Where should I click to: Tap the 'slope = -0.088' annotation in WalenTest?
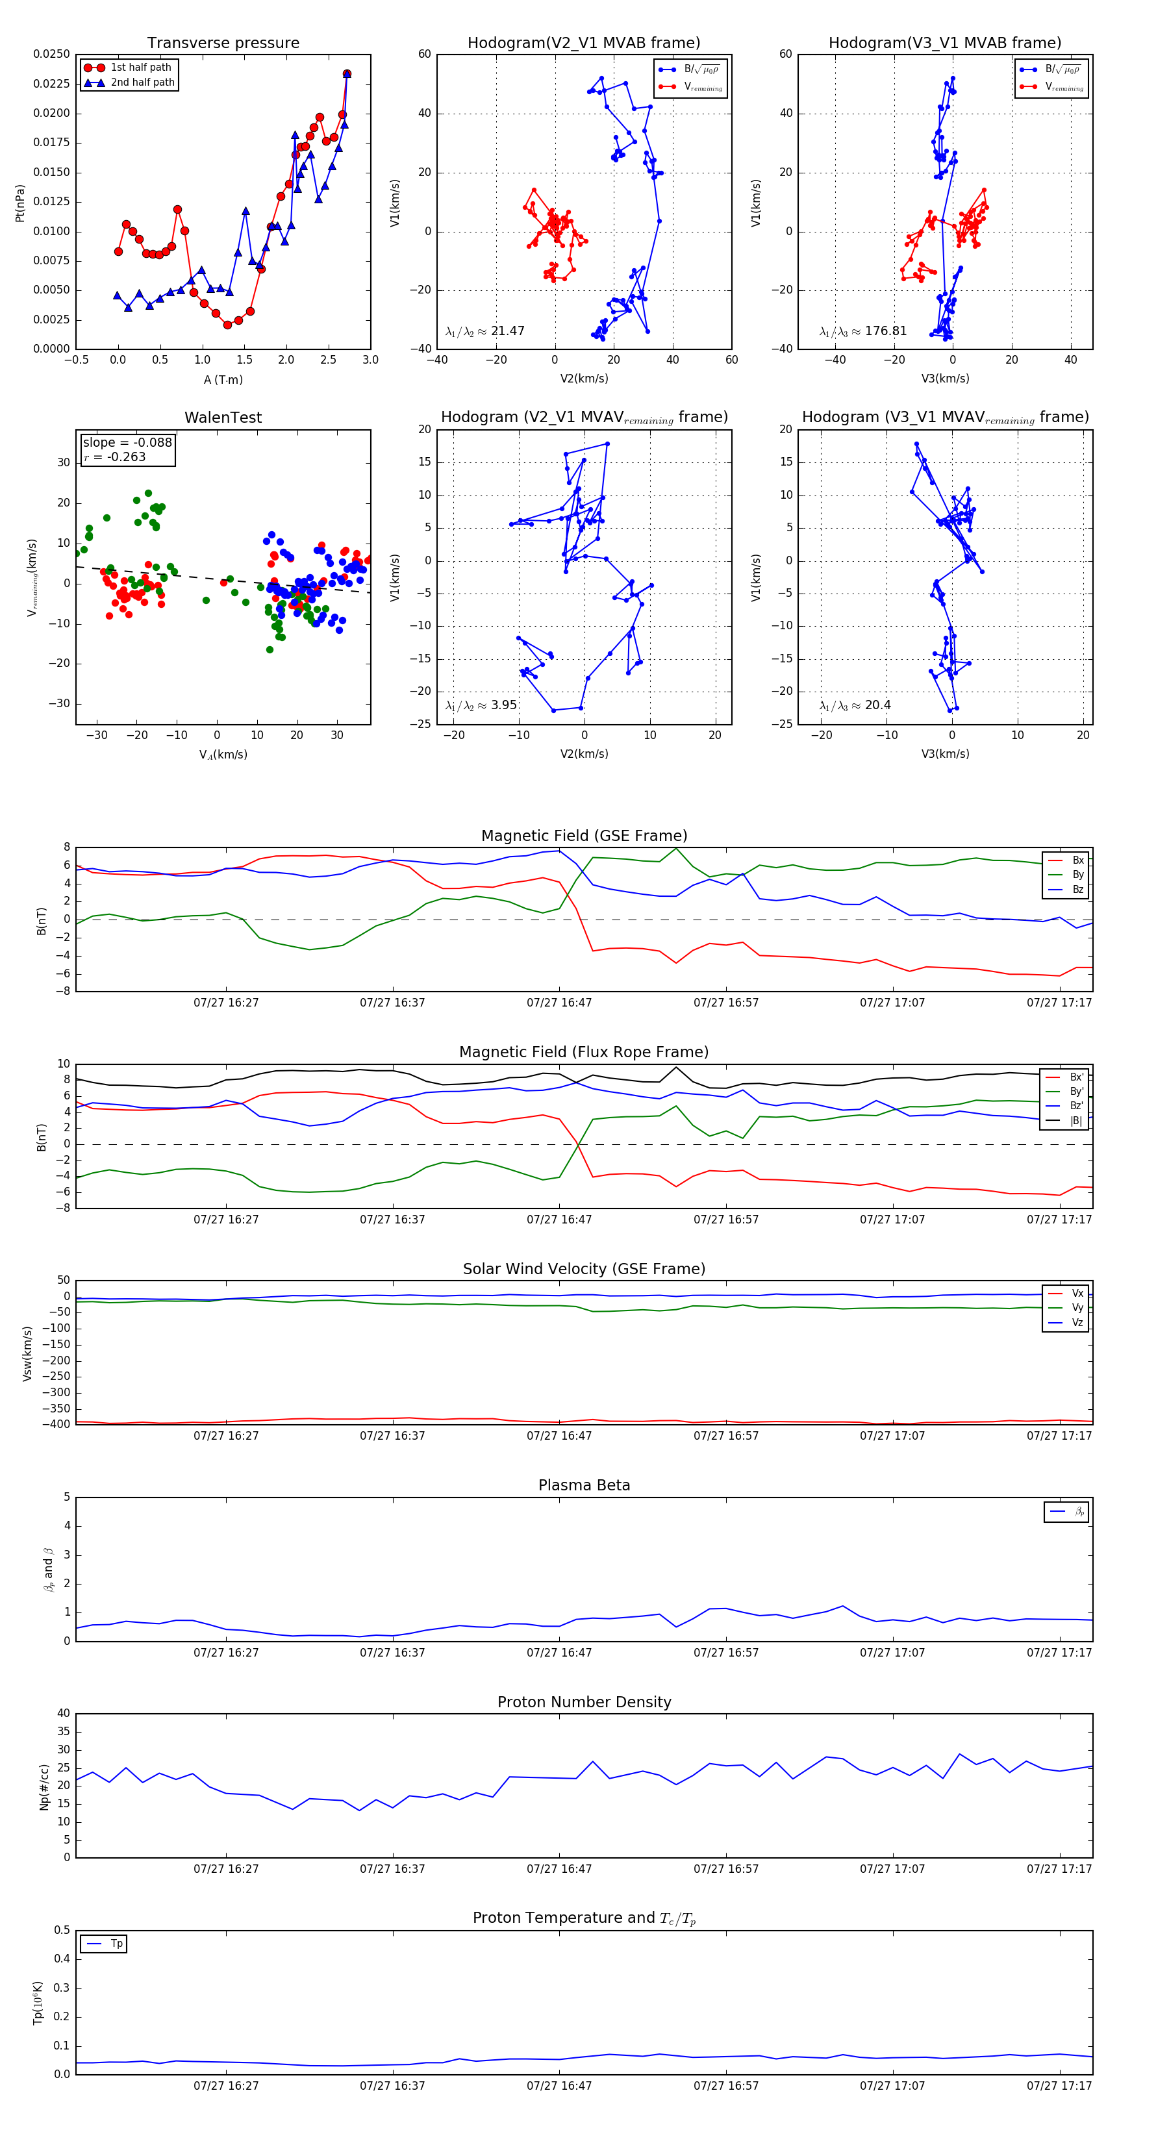tap(127, 443)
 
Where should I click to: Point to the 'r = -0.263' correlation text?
tap(115, 457)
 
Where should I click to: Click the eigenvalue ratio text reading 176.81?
tap(863, 331)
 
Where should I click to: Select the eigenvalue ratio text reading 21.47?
tap(485, 331)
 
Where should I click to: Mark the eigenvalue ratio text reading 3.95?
tap(482, 705)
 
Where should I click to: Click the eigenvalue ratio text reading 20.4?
tap(855, 705)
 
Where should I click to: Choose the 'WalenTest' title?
tap(223, 418)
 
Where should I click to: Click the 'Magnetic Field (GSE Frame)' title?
tap(584, 836)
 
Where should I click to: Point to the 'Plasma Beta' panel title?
tap(584, 1485)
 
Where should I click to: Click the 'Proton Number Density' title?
tap(584, 1702)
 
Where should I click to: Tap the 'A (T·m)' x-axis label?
tap(223, 380)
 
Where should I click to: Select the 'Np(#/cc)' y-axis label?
tap(44, 1787)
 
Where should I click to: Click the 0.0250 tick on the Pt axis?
tap(51, 54)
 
